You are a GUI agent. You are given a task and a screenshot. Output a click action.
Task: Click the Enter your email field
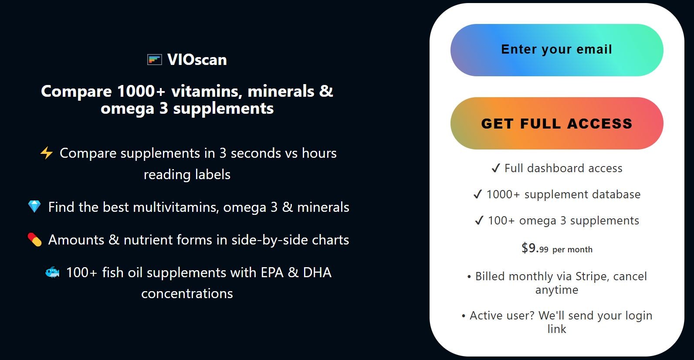click(556, 50)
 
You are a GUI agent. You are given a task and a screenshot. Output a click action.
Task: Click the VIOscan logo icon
click(155, 59)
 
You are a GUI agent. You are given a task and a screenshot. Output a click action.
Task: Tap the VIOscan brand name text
click(197, 60)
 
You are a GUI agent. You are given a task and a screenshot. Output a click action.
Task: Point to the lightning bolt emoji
click(47, 153)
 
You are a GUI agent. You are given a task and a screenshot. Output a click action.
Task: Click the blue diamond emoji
click(34, 207)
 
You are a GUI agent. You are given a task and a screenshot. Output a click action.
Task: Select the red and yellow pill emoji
click(34, 240)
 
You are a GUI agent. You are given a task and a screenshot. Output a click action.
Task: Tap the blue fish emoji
click(53, 272)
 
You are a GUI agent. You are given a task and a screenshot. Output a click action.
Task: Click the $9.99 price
click(535, 248)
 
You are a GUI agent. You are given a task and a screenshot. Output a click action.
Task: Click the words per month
click(572, 250)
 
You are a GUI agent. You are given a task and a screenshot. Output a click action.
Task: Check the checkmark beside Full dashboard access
click(495, 168)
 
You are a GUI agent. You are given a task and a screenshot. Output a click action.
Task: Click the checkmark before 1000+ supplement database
click(477, 194)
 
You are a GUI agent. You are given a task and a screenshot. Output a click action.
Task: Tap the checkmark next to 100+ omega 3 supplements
click(479, 221)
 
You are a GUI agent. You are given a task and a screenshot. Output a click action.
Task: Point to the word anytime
click(557, 290)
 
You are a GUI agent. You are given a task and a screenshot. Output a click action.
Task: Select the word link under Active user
click(557, 329)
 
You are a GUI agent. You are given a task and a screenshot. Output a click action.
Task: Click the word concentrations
click(187, 294)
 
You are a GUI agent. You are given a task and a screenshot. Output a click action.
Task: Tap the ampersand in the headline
click(326, 91)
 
